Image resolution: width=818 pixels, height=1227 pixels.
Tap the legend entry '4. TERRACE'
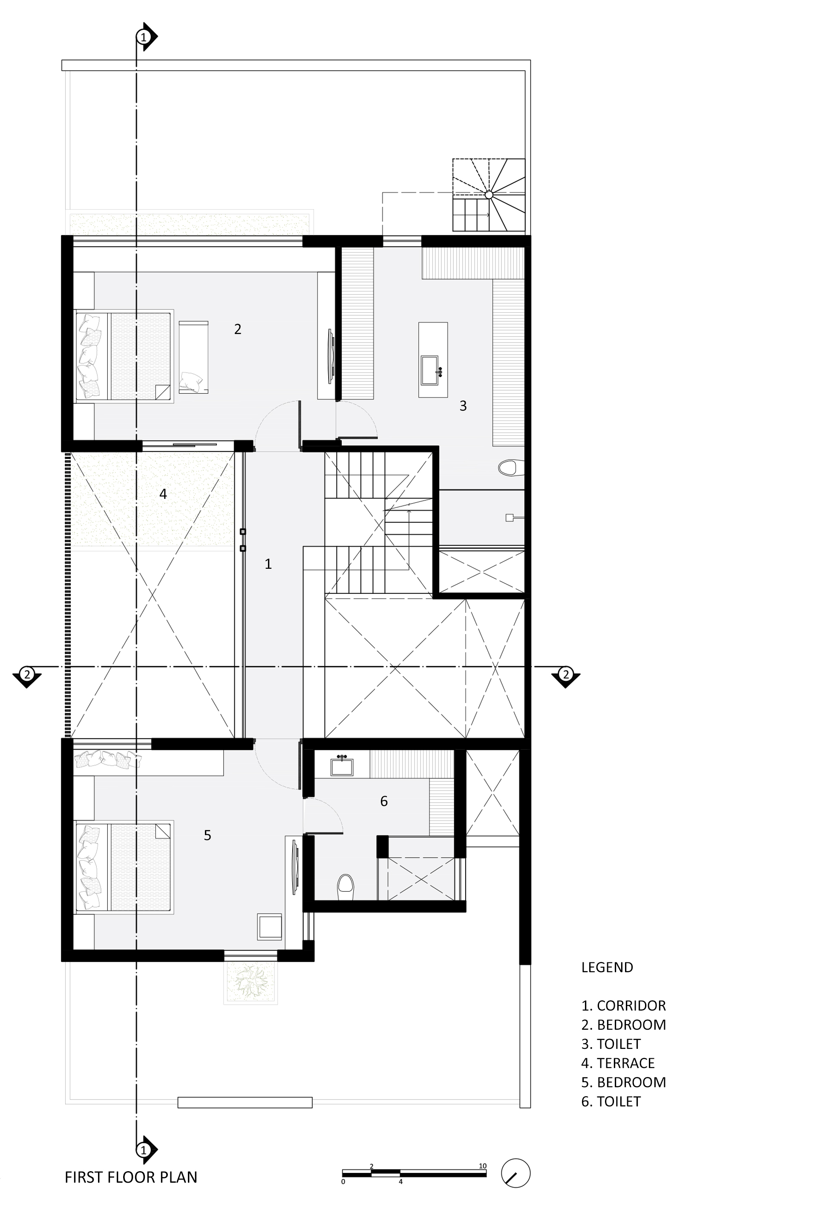pyautogui.click(x=618, y=1063)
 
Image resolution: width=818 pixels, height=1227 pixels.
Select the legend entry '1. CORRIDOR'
pyautogui.click(x=623, y=1006)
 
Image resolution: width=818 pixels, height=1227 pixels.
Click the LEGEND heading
pyautogui.click(x=607, y=967)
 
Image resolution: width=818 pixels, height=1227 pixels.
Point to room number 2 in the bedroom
pyautogui.click(x=237, y=329)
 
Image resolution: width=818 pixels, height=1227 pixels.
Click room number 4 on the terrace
pyautogui.click(x=163, y=493)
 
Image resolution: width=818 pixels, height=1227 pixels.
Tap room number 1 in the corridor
pyautogui.click(x=268, y=564)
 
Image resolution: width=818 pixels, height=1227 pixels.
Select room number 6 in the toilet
pyautogui.click(x=384, y=801)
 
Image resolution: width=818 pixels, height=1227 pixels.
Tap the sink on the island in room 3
pyautogui.click(x=430, y=370)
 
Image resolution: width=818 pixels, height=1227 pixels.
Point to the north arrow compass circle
pyautogui.click(x=516, y=1173)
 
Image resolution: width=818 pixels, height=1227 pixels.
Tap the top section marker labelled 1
pyautogui.click(x=144, y=37)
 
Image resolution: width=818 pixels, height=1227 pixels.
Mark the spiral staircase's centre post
pyautogui.click(x=489, y=195)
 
